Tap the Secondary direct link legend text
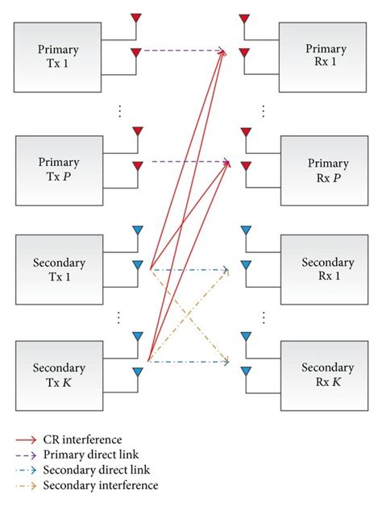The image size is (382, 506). (95, 470)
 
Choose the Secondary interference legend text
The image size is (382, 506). (102, 485)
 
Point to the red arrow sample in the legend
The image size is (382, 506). (28, 441)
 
